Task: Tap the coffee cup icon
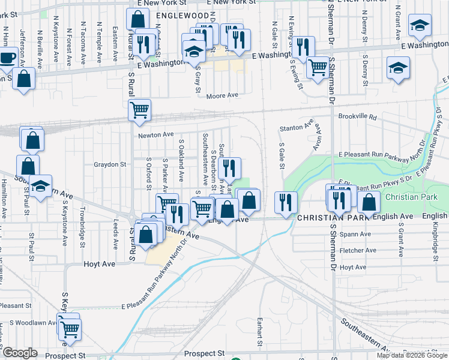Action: click(x=7, y=58)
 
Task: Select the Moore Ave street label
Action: click(x=222, y=95)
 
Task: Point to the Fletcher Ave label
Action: click(x=357, y=250)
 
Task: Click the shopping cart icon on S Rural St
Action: click(x=140, y=110)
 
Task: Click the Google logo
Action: click(x=20, y=353)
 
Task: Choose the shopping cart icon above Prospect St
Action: click(x=70, y=328)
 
